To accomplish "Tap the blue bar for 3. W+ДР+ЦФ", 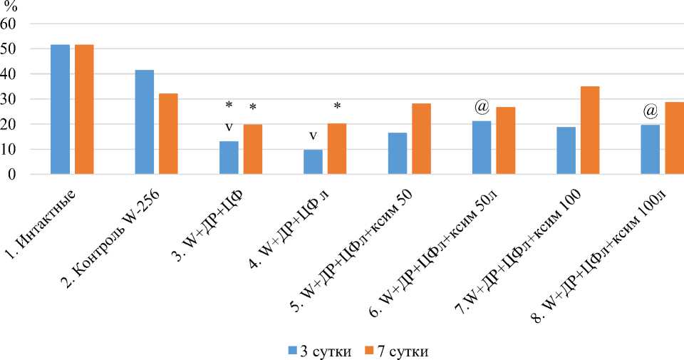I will click(229, 158).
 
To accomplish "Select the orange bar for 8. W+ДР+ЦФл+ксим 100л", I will click(674, 138).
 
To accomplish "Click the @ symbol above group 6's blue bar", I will click(482, 108).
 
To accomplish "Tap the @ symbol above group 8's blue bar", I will click(650, 111).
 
